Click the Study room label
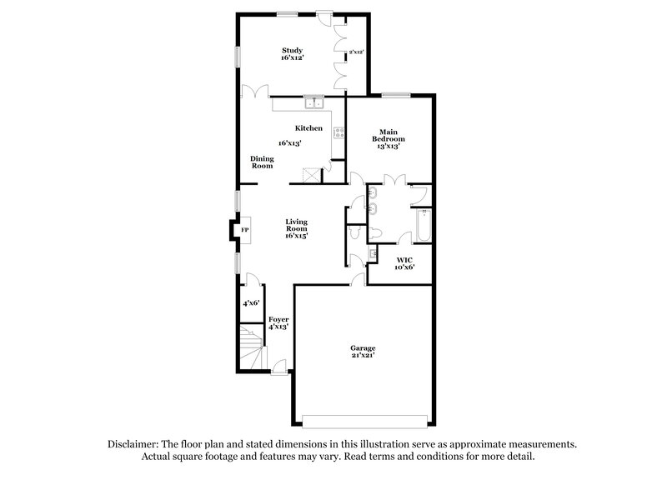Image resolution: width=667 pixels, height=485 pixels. (291, 50)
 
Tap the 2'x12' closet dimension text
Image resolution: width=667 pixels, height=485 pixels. (356, 52)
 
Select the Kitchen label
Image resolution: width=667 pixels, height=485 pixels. (308, 127)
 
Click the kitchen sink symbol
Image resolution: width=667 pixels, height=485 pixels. (315, 103)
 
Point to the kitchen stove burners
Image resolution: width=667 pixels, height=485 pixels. (339, 132)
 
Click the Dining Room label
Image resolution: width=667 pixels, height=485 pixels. (263, 162)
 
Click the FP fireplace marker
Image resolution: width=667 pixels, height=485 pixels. (245, 230)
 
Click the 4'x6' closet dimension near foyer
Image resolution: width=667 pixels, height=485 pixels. (251, 304)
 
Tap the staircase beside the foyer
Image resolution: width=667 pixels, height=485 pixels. (250, 347)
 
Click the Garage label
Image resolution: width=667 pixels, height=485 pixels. (363, 348)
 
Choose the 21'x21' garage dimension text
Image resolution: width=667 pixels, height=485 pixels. (363, 357)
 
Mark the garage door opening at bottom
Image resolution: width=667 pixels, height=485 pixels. (367, 417)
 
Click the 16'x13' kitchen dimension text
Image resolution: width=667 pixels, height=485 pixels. (289, 143)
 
